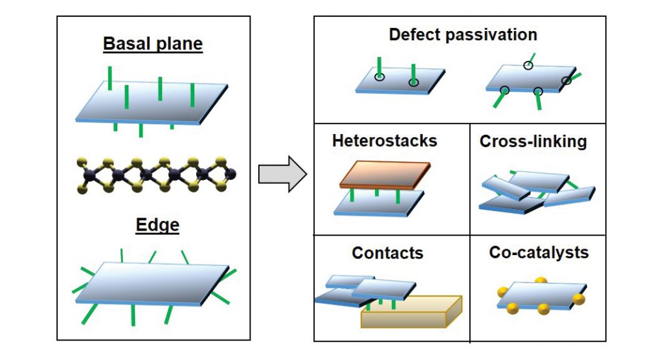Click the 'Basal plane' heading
[x=153, y=45]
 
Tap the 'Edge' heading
[x=157, y=225]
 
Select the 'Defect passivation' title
[x=464, y=34]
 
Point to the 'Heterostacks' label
[x=376, y=141]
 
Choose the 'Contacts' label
[x=387, y=253]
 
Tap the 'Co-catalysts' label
[x=539, y=252]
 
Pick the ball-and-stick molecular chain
[x=155, y=174]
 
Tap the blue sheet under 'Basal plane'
[x=152, y=102]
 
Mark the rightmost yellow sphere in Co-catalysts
[x=579, y=299]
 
